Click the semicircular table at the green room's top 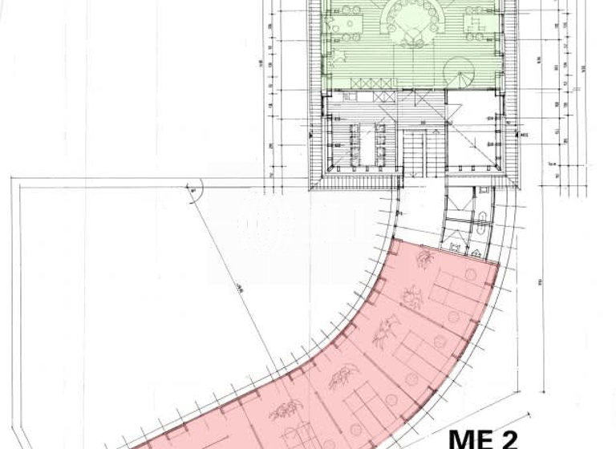[x=415, y=19]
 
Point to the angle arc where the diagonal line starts [x=196, y=190]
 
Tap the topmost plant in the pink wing [x=424, y=259]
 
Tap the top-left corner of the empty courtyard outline [x=13, y=178]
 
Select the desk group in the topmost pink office [x=456, y=281]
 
